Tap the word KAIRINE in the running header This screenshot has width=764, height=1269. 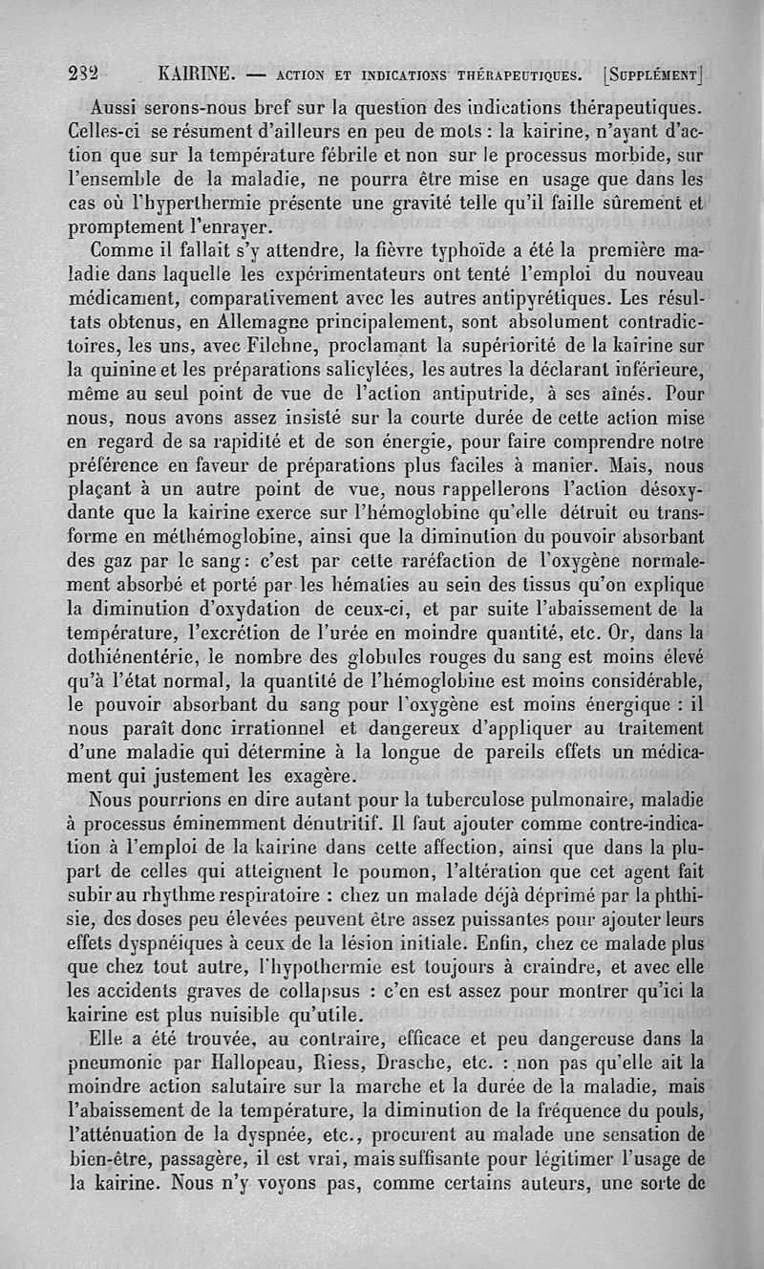[194, 74]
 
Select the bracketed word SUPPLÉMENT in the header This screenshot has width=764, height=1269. [652, 74]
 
